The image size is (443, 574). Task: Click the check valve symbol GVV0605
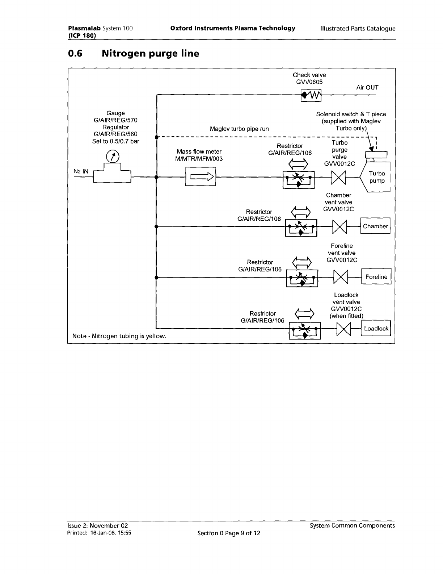pyautogui.click(x=311, y=95)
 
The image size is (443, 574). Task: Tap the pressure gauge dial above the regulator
pyautogui.click(x=113, y=157)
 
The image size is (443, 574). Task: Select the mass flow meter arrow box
pyautogui.click(x=201, y=176)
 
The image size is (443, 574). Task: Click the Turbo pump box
pyautogui.click(x=377, y=177)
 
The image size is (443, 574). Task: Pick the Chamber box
pyautogui.click(x=375, y=226)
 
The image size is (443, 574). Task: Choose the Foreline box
pyautogui.click(x=376, y=277)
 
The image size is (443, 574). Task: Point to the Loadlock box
pyautogui.click(x=376, y=329)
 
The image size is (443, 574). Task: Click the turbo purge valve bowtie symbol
pyautogui.click(x=339, y=178)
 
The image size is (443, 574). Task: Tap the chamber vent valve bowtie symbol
pyautogui.click(x=339, y=227)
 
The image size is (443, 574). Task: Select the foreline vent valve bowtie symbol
pyautogui.click(x=340, y=277)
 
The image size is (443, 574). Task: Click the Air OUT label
pyautogui.click(x=367, y=87)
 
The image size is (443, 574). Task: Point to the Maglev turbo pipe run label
pyautogui.click(x=239, y=129)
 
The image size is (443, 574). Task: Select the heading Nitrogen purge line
pyautogui.click(x=150, y=54)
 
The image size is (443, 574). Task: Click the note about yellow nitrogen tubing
pyautogui.click(x=119, y=336)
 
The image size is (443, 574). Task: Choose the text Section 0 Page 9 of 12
pyautogui.click(x=229, y=533)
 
